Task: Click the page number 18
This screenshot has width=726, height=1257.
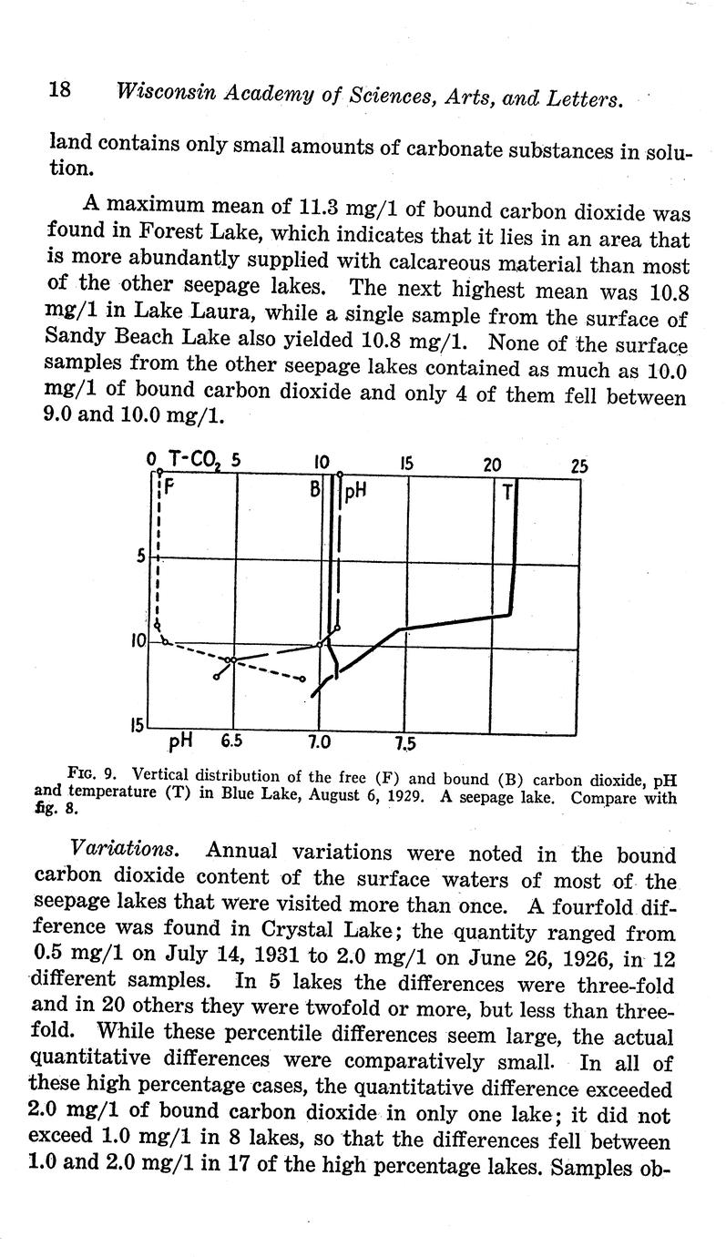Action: (x=59, y=91)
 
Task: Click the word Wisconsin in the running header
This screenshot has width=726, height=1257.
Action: (x=160, y=93)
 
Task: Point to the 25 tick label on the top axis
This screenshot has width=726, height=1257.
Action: (x=579, y=465)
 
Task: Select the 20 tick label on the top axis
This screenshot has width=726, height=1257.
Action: (x=492, y=465)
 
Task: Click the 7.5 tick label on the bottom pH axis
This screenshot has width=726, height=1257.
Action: (x=405, y=743)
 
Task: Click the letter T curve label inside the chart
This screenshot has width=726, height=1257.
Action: (x=506, y=493)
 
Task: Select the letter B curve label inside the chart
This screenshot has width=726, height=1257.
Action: (x=315, y=491)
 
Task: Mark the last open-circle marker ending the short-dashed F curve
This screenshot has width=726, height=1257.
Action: (x=302, y=680)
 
